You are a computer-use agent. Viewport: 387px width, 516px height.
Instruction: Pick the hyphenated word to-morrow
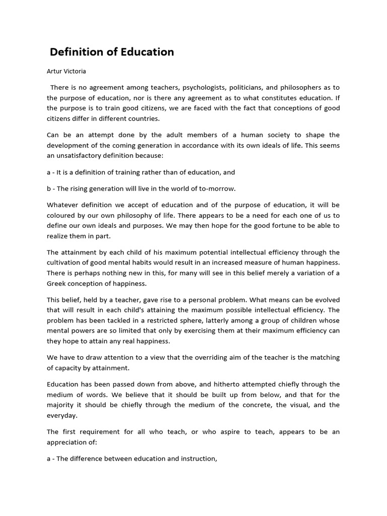point(216,188)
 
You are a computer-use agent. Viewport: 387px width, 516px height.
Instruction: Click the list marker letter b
point(49,188)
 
